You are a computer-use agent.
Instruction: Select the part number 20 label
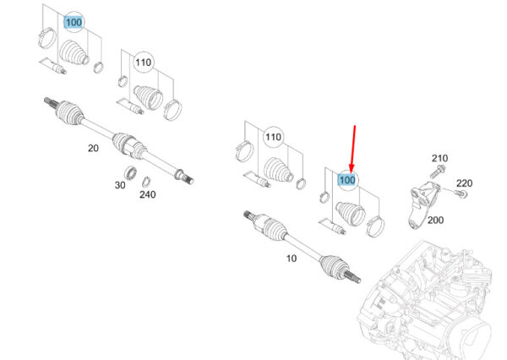[93, 148]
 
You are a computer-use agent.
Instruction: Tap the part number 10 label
[292, 259]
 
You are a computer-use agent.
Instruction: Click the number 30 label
[120, 185]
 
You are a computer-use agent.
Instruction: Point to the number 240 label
[147, 194]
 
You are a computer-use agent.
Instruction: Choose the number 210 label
[439, 158]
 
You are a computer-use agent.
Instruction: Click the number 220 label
[464, 183]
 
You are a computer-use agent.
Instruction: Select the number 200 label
[435, 221]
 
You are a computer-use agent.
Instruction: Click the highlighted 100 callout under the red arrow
[347, 180]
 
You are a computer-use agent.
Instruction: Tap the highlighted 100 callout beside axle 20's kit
[74, 22]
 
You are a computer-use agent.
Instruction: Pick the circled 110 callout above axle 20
[144, 62]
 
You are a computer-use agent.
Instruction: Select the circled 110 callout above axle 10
[273, 137]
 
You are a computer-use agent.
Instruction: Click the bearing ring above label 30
[130, 171]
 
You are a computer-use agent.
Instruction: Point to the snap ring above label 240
[146, 182]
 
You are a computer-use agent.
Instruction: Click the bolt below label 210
[438, 171]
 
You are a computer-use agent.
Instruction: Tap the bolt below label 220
[461, 194]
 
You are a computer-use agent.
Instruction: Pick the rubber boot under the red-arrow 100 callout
[352, 213]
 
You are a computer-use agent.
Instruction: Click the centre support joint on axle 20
[129, 145]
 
